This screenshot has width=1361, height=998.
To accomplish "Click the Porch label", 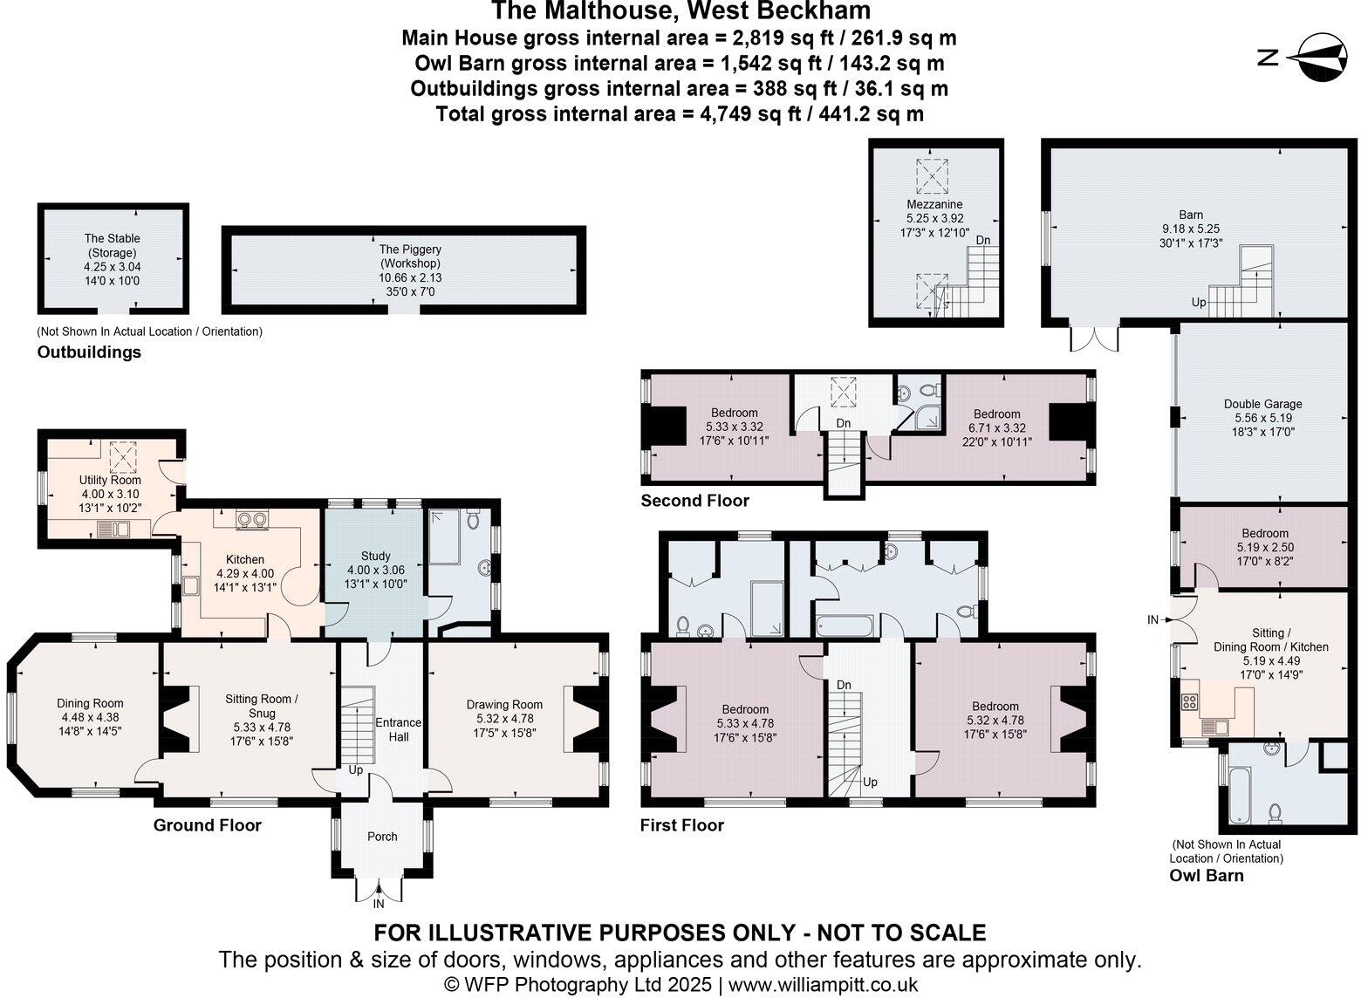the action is click(x=382, y=837).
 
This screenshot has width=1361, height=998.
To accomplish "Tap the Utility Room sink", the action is click(x=113, y=528).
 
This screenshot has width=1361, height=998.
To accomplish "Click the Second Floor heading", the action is click(x=694, y=501).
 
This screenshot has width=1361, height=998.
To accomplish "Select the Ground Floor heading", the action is click(x=208, y=825).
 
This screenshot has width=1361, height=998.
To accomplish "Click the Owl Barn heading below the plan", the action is click(x=1206, y=875).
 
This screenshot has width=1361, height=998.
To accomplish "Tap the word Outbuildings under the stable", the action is click(x=89, y=352).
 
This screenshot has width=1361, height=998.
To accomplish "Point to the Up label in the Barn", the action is click(x=1199, y=302).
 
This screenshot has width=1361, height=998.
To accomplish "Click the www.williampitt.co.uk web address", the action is click(x=823, y=985).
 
